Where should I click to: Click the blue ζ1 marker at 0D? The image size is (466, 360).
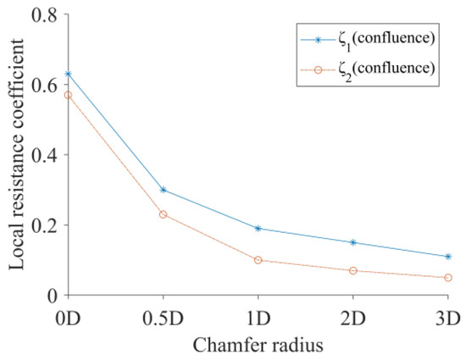click(x=69, y=74)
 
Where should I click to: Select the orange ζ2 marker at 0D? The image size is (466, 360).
click(x=69, y=95)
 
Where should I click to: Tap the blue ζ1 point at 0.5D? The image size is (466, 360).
click(x=164, y=190)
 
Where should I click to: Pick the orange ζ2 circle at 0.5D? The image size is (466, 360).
click(x=164, y=214)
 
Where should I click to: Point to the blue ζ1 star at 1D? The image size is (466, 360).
click(x=258, y=229)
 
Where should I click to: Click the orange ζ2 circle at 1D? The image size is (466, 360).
click(x=258, y=260)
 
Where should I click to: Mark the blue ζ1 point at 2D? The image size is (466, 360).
click(x=353, y=242)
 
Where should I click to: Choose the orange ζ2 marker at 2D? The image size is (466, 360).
click(x=353, y=270)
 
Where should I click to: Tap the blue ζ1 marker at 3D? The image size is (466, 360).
click(x=448, y=257)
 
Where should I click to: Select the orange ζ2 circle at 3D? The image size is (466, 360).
click(x=448, y=278)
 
